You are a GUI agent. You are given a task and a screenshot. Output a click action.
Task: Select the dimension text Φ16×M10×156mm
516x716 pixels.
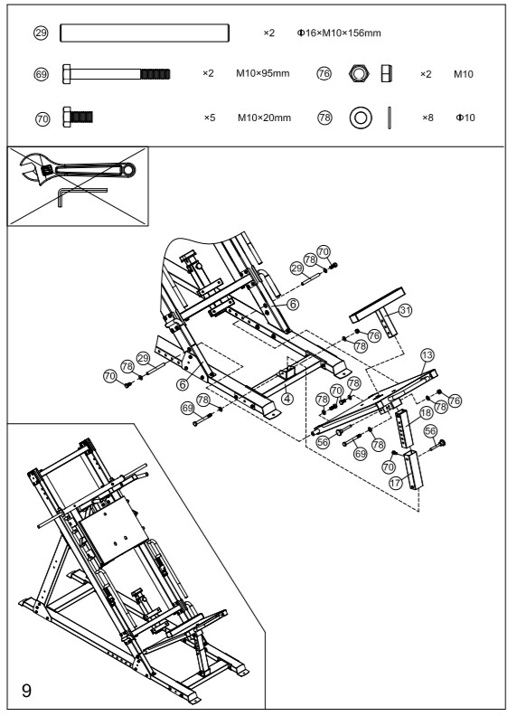[x=339, y=33]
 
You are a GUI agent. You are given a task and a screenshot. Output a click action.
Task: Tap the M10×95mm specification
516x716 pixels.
[x=263, y=73]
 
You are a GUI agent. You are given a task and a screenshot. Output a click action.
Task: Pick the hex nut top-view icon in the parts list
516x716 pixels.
[x=357, y=73]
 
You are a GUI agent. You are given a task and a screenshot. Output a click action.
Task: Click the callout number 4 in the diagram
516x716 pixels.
[x=286, y=397]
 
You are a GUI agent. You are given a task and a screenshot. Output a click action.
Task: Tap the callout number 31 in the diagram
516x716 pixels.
[x=406, y=310]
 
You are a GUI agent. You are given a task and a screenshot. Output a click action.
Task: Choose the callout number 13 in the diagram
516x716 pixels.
[x=427, y=353]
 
